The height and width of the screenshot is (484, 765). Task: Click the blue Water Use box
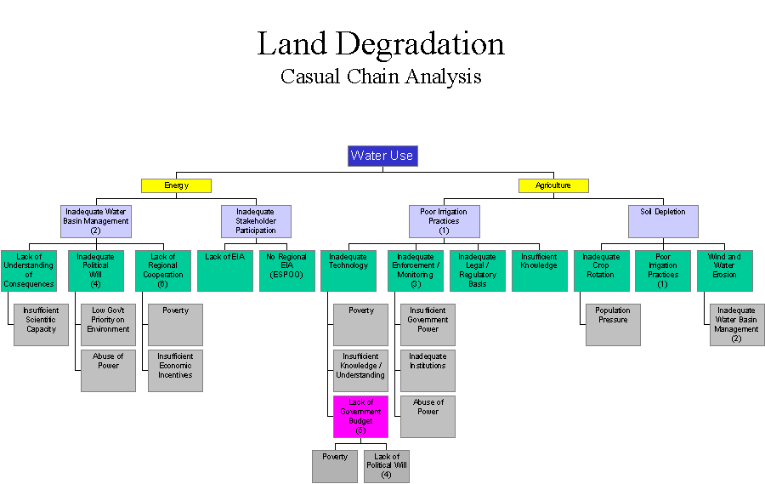click(x=382, y=156)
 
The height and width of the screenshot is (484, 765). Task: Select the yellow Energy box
click(x=176, y=185)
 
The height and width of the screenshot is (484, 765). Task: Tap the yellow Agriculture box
click(x=553, y=185)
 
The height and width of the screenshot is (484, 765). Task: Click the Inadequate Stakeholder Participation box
click(x=256, y=221)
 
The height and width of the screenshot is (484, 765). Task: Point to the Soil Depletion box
click(x=663, y=221)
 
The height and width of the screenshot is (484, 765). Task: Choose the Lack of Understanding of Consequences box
click(x=29, y=270)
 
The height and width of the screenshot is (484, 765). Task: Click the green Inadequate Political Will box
click(x=95, y=270)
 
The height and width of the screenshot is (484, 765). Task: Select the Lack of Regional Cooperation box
click(x=162, y=270)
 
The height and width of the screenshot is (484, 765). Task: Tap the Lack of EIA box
click(x=225, y=270)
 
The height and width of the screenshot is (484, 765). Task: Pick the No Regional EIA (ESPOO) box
click(x=287, y=270)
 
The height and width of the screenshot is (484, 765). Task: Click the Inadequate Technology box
click(x=348, y=270)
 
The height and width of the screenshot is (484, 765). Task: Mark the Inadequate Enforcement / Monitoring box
click(x=415, y=270)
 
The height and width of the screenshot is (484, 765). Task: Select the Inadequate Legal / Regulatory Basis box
click(x=477, y=270)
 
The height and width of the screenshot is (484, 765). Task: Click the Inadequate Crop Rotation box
click(x=601, y=270)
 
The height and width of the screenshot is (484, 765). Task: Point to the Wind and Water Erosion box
click(x=725, y=270)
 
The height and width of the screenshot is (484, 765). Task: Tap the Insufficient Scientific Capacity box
click(x=41, y=324)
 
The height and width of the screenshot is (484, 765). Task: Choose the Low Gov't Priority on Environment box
click(x=108, y=324)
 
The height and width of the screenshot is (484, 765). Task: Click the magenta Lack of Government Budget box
click(x=360, y=416)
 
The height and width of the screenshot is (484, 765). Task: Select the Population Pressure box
click(x=613, y=324)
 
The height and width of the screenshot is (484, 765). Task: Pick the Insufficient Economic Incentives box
click(x=175, y=370)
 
